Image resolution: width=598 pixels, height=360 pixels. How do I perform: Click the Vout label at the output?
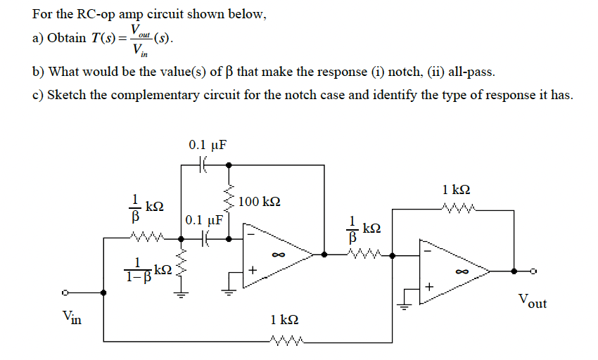(x=532, y=302)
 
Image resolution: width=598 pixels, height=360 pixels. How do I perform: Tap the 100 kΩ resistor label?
(x=260, y=202)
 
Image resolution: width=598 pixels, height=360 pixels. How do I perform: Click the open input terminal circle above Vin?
(x=64, y=294)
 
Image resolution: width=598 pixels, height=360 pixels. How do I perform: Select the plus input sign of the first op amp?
(x=254, y=270)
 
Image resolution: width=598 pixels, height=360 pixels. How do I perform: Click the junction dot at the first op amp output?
(x=324, y=255)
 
